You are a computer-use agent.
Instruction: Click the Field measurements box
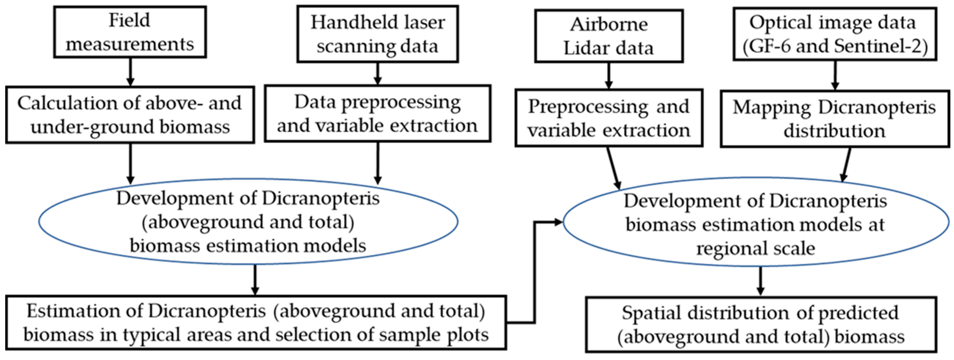(130, 32)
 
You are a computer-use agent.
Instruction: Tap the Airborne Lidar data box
(608, 36)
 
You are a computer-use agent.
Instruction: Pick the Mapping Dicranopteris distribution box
(834, 119)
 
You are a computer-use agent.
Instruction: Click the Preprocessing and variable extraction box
(608, 118)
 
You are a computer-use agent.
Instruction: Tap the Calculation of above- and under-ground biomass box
(130, 115)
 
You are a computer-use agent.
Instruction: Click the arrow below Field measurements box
(130, 72)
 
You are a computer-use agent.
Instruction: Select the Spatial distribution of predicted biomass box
(761, 324)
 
